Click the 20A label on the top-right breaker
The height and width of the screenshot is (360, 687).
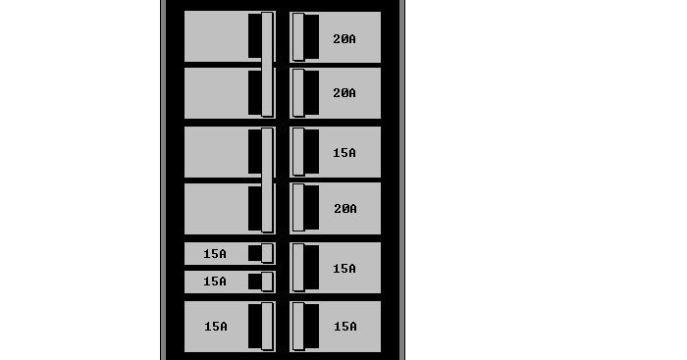click(344, 39)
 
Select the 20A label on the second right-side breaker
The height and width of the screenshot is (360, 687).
click(344, 93)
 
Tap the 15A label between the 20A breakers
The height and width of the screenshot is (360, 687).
click(344, 153)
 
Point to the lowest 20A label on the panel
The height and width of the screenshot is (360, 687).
click(344, 209)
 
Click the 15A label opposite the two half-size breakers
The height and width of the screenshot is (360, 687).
click(344, 268)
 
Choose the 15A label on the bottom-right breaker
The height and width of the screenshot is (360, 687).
click(344, 327)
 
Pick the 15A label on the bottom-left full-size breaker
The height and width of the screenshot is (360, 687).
click(215, 327)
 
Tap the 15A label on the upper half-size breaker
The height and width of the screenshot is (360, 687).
click(215, 254)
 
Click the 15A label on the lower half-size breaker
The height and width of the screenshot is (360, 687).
click(215, 282)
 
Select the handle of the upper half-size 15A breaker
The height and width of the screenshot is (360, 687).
click(267, 253)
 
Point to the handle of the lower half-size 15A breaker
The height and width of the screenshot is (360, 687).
click(267, 282)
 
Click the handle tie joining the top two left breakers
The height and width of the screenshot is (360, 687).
click(267, 65)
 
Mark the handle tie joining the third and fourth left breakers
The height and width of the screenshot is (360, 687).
click(267, 180)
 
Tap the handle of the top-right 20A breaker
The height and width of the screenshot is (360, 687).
click(298, 37)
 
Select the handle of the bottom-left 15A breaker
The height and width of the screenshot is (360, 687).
click(267, 327)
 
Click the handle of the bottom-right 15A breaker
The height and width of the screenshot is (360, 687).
click(298, 327)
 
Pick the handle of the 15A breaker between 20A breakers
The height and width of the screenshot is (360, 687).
click(298, 153)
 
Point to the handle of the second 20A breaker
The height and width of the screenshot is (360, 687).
click(298, 93)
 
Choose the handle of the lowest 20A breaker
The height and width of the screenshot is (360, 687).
click(298, 208)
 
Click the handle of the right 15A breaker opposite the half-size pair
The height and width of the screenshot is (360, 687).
click(298, 268)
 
